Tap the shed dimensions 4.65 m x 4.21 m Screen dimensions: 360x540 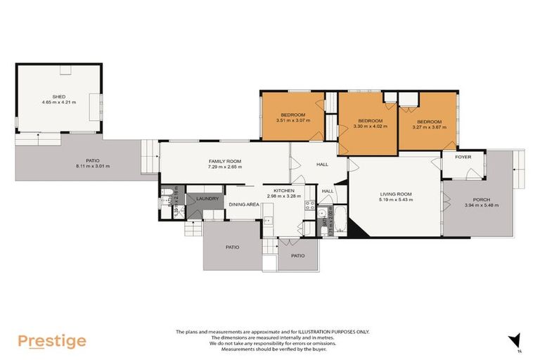[58, 103]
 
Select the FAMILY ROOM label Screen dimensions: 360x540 [224, 161]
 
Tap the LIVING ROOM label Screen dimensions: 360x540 [396, 193]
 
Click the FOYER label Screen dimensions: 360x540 [463, 157]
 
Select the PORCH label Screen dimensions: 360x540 [481, 199]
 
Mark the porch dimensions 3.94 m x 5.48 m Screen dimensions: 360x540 [481, 205]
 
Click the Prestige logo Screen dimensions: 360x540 [52, 341]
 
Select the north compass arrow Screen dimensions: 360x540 [515, 340]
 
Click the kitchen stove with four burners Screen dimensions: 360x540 [308, 205]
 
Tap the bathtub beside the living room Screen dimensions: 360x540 [339, 221]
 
